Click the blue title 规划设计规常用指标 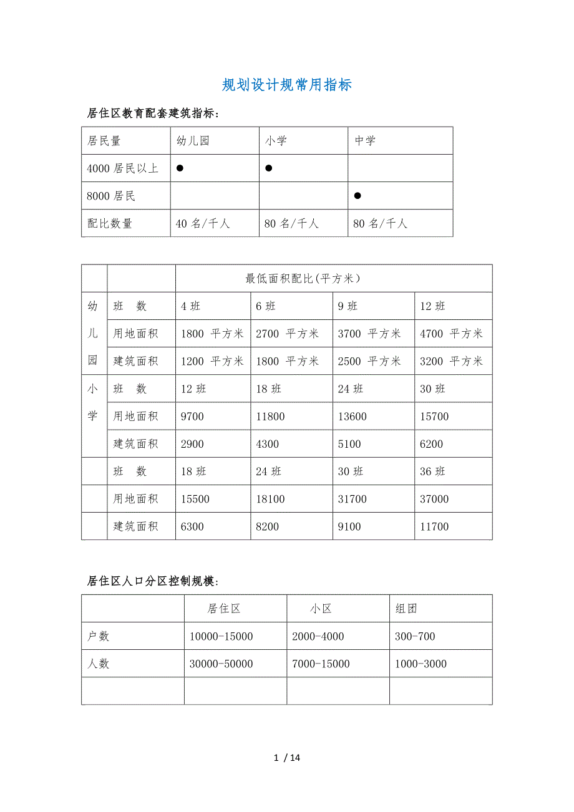pos(287,85)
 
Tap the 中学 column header pos(365,141)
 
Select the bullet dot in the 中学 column pos(358,196)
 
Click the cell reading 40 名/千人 pos(203,223)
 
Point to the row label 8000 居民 pos(111,196)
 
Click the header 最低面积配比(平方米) pos(303,279)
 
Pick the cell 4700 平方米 pos(451,334)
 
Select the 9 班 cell pos(348,306)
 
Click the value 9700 pos(192,417)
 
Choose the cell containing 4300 pos(267,444)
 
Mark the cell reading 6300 pos(192,526)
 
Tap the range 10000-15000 pos(221,636)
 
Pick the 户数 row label pos(98,636)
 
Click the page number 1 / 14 pos(287,758)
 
